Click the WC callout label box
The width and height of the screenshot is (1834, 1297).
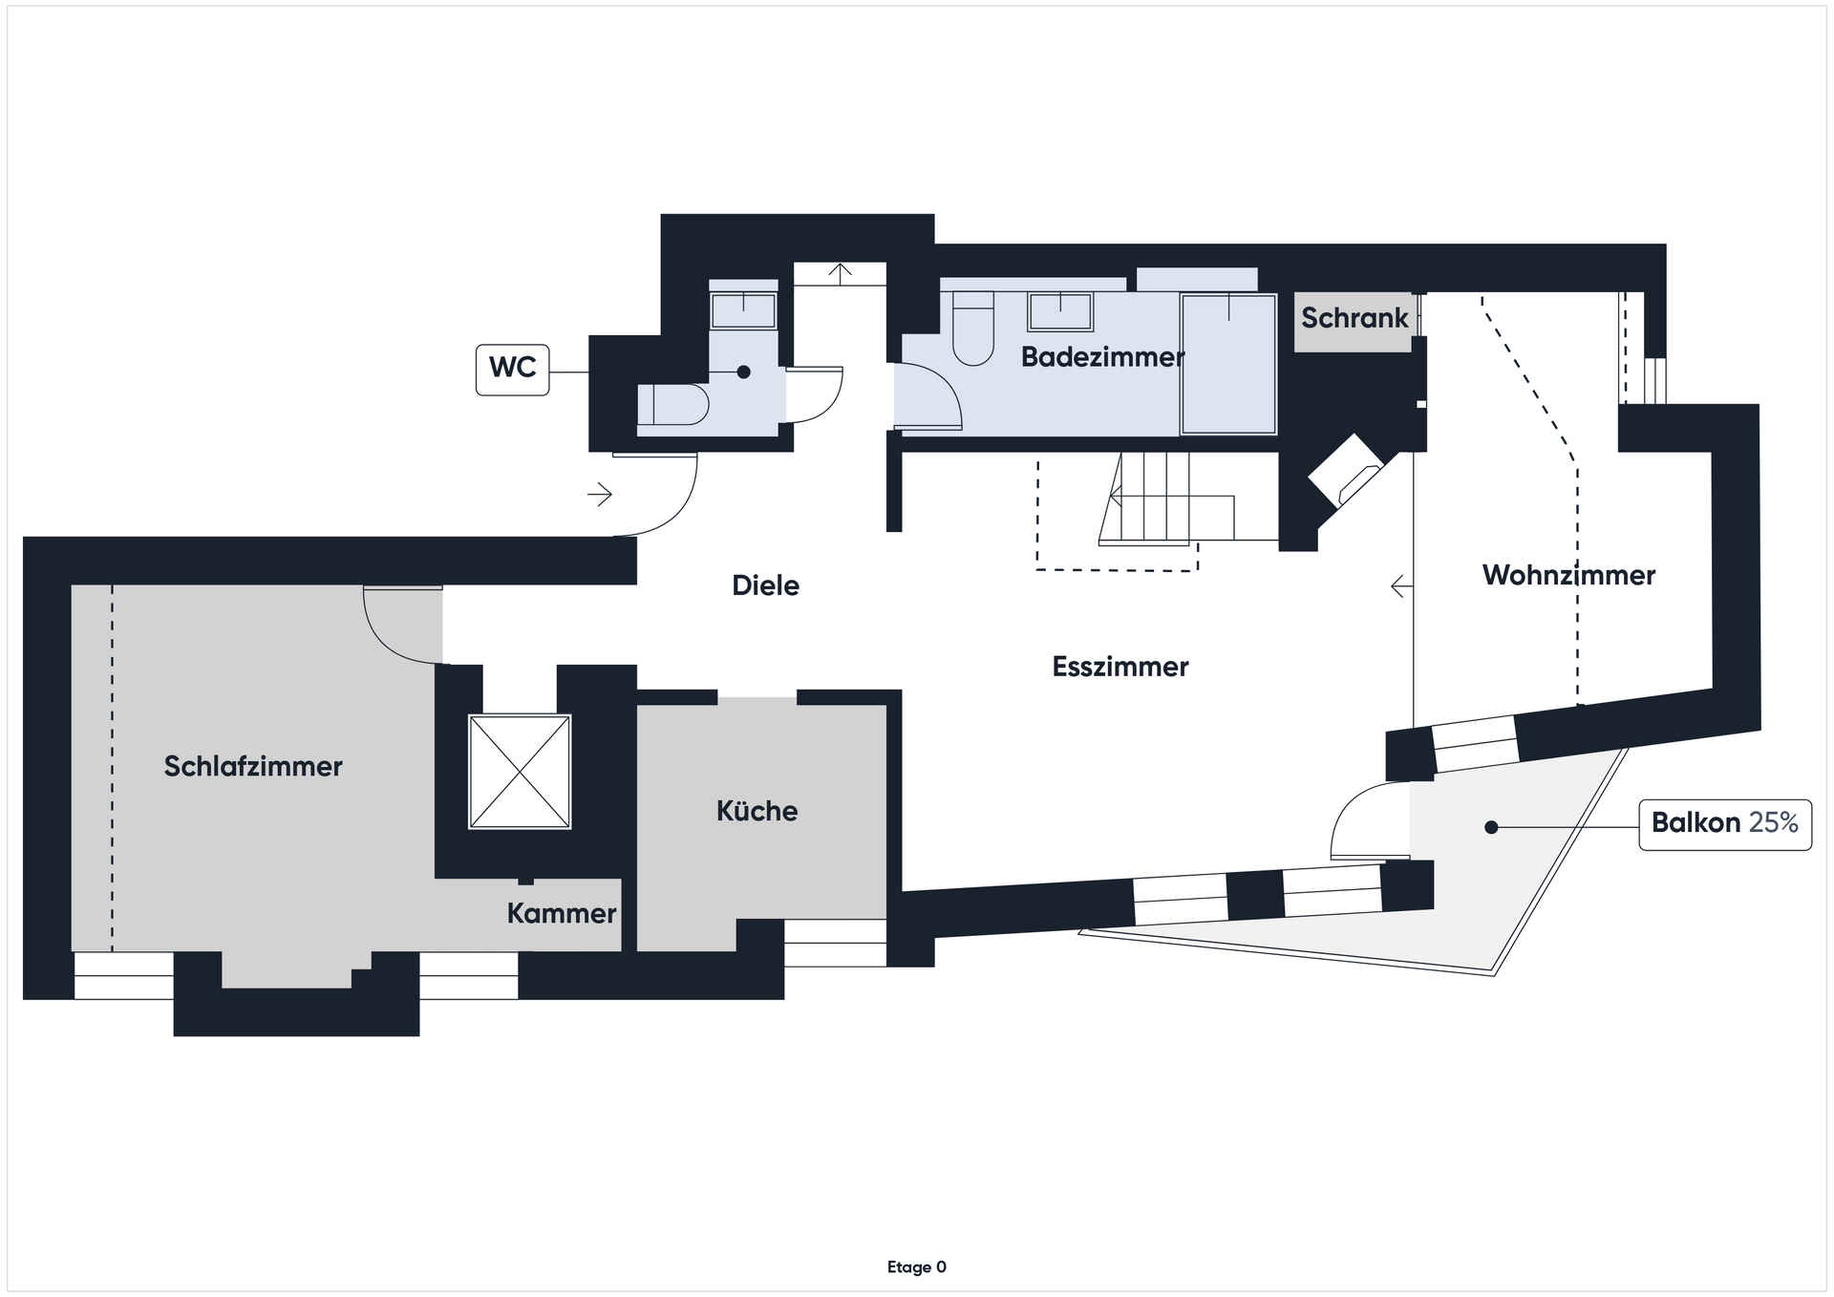pyautogui.click(x=512, y=370)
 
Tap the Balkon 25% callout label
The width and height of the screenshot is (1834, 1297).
pyautogui.click(x=1725, y=824)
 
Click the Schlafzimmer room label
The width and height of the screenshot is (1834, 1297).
pyautogui.click(x=253, y=766)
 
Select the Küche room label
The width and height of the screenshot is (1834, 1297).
pyautogui.click(x=757, y=811)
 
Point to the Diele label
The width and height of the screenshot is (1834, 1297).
pyautogui.click(x=765, y=585)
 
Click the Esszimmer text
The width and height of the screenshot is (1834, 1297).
pyautogui.click(x=1120, y=667)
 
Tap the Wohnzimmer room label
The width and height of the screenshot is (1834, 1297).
pyautogui.click(x=1568, y=575)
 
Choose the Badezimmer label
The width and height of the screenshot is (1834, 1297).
pyautogui.click(x=1102, y=357)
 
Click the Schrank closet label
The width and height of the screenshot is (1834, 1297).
pyautogui.click(x=1354, y=318)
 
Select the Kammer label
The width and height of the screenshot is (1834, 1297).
pyautogui.click(x=562, y=914)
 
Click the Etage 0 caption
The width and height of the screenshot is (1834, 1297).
pyautogui.click(x=917, y=1267)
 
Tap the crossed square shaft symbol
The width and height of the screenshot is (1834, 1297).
pyautogui.click(x=520, y=772)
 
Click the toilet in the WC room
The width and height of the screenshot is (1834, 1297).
pyautogui.click(x=673, y=404)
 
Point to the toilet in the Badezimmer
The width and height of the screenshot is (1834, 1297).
pyautogui.click(x=973, y=328)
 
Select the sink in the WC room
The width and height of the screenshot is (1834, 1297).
pyautogui.click(x=743, y=310)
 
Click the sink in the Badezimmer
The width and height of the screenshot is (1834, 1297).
pyautogui.click(x=1060, y=311)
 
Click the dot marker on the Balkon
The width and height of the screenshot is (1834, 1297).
pyautogui.click(x=1491, y=827)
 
